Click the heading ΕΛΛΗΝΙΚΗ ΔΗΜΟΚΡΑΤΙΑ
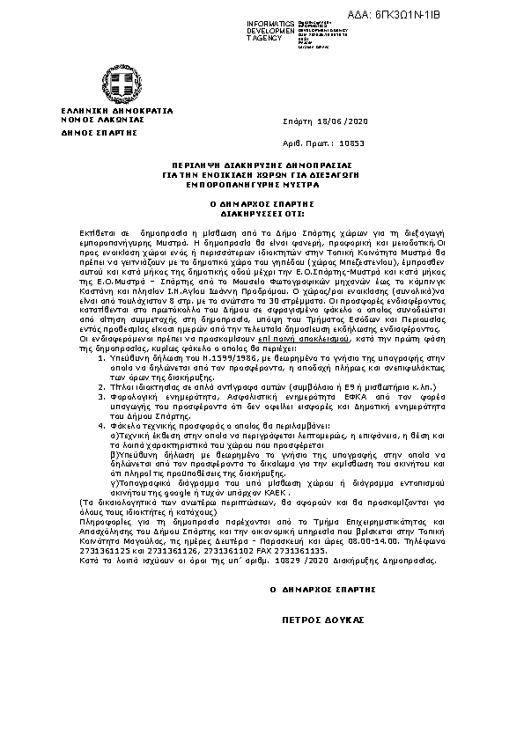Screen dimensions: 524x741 [x=105, y=111]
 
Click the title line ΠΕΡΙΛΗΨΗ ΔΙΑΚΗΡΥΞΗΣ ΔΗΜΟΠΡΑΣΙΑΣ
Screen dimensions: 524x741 [x=262, y=165]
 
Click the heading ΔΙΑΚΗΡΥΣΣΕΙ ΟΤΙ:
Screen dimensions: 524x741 [x=262, y=213]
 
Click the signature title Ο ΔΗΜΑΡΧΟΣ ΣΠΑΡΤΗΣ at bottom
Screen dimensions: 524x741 [x=323, y=589]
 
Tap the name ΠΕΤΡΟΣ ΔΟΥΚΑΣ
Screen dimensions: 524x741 [x=322, y=620]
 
